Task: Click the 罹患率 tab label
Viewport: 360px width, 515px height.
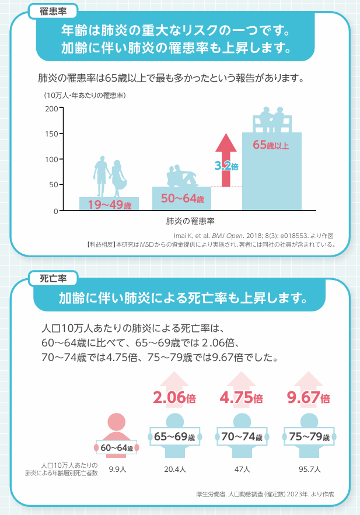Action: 52,11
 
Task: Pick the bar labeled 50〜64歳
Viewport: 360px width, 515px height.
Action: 181,199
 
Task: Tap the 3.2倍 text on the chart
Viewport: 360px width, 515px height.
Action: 226,166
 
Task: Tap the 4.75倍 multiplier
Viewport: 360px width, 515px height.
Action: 242,398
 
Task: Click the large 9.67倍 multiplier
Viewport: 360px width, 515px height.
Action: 309,398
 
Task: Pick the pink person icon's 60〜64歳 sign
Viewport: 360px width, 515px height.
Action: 117,447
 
